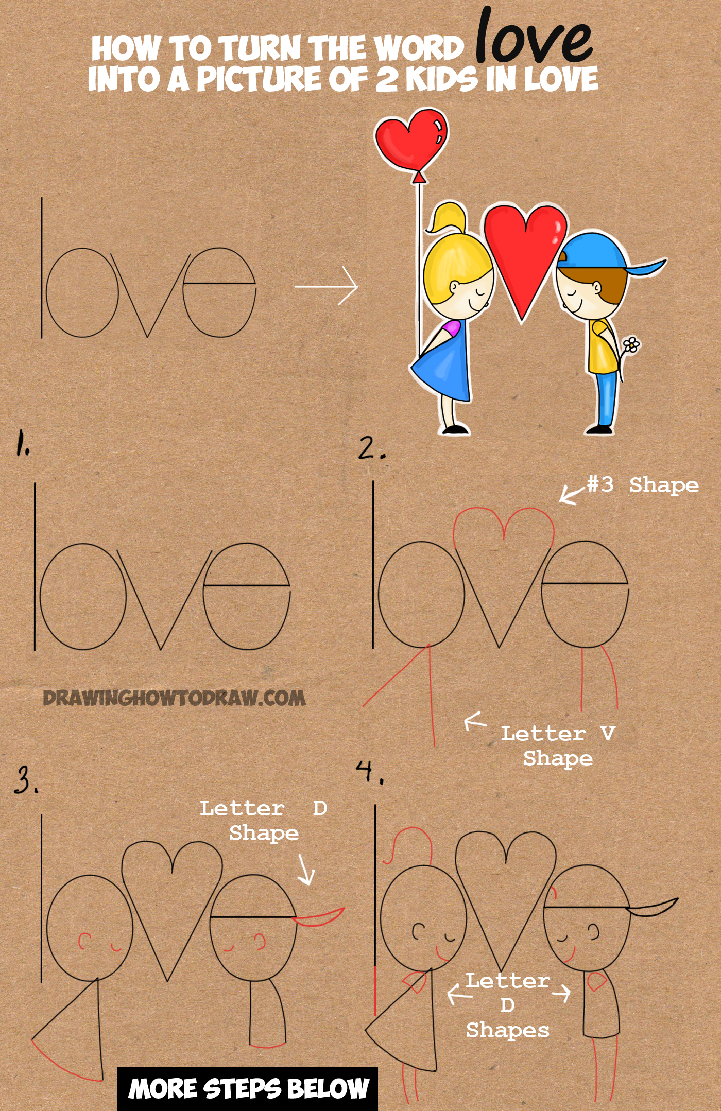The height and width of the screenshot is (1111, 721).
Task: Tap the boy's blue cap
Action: [597, 252]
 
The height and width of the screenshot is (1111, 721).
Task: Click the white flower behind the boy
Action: [631, 344]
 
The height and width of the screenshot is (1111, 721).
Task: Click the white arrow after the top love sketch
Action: [327, 286]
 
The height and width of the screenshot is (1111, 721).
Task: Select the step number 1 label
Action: [22, 444]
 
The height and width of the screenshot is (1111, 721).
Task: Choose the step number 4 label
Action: [369, 772]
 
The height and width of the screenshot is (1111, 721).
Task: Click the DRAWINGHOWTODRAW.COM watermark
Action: [174, 699]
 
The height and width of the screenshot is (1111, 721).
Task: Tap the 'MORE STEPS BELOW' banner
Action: [248, 1088]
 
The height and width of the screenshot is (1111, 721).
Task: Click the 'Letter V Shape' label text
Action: [558, 745]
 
